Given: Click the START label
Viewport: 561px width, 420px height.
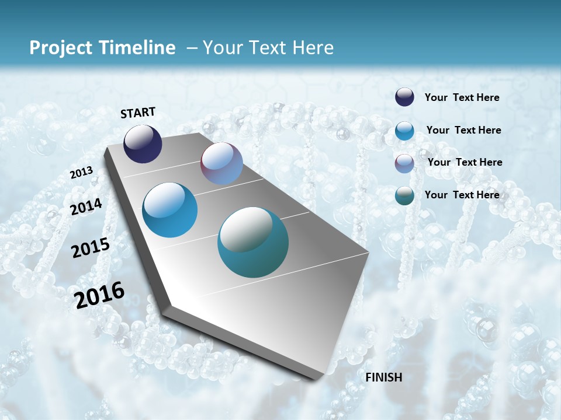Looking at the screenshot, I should point(138,113).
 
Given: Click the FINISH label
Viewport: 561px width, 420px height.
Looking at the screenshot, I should point(383,377).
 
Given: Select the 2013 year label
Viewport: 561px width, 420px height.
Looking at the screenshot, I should point(81,173).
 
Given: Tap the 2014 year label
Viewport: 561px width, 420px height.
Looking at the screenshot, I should point(86,207).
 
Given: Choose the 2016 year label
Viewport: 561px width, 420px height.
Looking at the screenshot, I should point(99,295).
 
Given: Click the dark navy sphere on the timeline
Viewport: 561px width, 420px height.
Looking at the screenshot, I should point(143,143).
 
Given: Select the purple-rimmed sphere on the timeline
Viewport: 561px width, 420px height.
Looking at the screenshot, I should point(221,163).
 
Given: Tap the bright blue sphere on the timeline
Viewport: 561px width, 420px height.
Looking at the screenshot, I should point(169,210).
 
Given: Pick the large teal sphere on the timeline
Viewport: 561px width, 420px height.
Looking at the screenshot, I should point(253,242).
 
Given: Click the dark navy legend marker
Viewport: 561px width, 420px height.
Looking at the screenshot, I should point(404,97).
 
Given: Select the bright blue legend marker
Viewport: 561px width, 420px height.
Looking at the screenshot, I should point(404,131).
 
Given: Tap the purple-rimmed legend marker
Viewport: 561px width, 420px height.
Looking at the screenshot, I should point(404,163).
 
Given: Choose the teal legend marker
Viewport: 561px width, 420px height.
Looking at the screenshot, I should point(404,195).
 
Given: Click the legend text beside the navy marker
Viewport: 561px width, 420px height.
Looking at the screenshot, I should point(462,97).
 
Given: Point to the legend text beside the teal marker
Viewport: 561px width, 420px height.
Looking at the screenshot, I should point(462,194).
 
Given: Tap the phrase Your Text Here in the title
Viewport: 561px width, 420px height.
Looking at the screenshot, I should point(268,48).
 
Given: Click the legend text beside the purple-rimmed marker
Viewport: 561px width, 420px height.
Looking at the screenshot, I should point(465,162).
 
